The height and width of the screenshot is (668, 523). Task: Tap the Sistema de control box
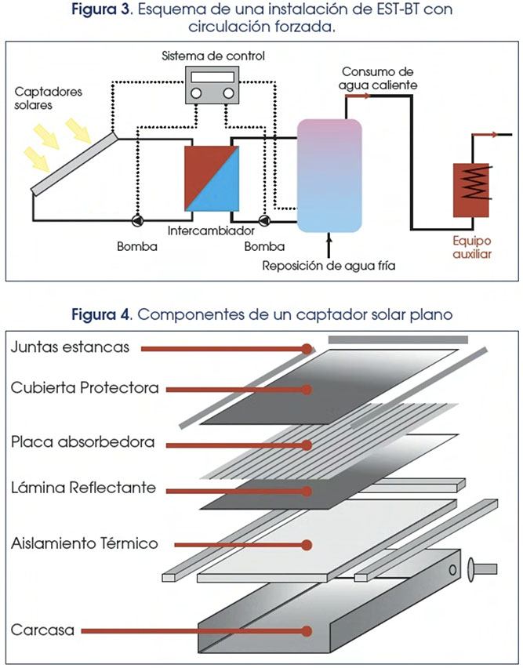tap(212, 83)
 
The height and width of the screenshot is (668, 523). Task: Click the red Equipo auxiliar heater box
tap(472, 190)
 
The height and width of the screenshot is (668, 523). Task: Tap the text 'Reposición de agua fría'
tap(329, 266)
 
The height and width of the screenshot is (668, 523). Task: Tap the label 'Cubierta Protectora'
tap(85, 388)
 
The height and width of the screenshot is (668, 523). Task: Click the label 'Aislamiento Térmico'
tap(85, 543)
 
